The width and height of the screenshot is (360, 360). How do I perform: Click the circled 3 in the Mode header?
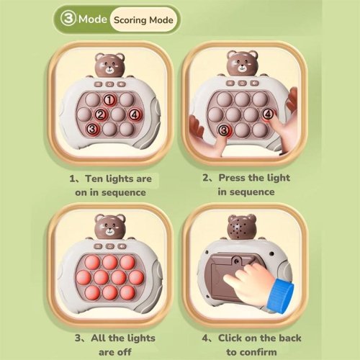point(68,19)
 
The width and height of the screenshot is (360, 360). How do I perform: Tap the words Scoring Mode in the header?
point(143,20)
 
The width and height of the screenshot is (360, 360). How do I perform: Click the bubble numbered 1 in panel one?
point(109,100)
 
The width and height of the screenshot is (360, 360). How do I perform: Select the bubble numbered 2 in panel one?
point(101,115)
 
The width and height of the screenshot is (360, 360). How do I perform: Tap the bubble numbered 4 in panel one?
point(135,115)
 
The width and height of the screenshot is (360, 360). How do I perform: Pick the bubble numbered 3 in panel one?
point(92,130)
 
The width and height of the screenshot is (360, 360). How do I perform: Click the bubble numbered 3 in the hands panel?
point(224,130)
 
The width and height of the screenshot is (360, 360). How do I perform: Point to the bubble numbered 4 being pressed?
point(268,114)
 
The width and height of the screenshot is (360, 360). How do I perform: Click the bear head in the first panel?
point(109,66)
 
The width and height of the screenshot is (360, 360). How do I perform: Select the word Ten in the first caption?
point(94,179)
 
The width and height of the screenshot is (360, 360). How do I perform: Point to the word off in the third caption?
point(125,352)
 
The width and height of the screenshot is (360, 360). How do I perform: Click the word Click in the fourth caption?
point(229,338)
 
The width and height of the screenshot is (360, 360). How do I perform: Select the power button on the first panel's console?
point(109,84)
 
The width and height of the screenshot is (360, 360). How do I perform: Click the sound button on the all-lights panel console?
point(122,246)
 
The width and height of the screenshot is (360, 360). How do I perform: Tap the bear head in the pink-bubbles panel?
point(109,227)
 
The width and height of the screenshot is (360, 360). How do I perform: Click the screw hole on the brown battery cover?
point(237,261)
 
